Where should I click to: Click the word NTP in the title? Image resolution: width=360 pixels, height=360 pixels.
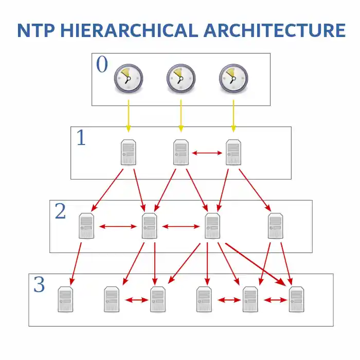[x=36, y=30]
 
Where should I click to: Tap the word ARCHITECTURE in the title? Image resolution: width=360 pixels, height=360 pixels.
[x=275, y=30]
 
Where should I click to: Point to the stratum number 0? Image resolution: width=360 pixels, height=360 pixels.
[x=102, y=64]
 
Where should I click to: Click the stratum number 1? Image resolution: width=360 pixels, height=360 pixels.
[x=81, y=137]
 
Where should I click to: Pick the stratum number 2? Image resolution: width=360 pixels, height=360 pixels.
[x=60, y=211]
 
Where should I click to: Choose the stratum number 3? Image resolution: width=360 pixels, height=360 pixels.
[x=39, y=284]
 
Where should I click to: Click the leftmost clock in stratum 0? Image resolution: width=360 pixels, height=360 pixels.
[x=129, y=78]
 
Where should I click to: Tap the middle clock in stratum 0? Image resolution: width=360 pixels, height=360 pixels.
[x=181, y=78]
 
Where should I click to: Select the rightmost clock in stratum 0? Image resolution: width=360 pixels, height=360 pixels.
[x=233, y=78]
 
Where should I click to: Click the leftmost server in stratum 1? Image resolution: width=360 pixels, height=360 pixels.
[x=129, y=152]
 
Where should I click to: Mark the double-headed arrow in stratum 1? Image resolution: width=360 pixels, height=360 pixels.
[x=207, y=153]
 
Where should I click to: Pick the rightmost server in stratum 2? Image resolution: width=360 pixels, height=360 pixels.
[x=276, y=226]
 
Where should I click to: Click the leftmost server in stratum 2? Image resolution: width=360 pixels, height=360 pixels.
[x=86, y=226]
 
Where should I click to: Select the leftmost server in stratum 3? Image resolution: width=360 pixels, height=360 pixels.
[x=65, y=299]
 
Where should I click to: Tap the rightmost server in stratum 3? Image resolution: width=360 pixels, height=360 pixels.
[x=296, y=299]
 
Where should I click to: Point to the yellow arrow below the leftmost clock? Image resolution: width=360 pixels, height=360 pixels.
[x=129, y=116]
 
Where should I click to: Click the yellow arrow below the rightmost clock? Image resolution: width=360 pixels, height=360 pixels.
[x=233, y=116]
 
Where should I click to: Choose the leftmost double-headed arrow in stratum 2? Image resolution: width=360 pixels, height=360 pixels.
[x=118, y=227]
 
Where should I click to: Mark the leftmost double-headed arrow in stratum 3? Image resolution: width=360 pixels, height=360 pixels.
[x=137, y=300]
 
